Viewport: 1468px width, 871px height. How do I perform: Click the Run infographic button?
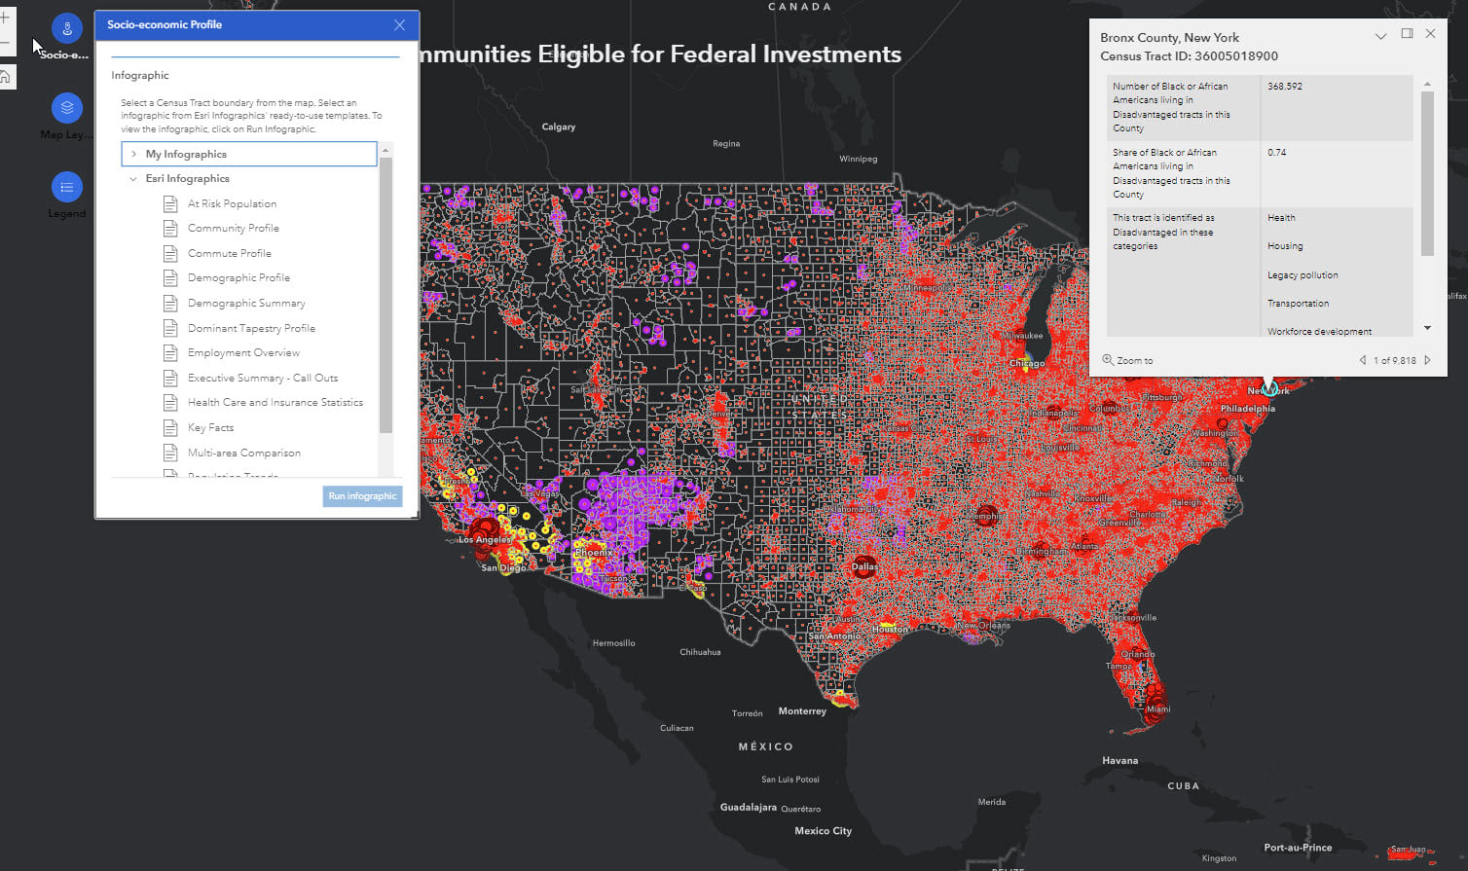pyautogui.click(x=362, y=496)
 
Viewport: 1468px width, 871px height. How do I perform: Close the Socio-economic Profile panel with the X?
pyautogui.click(x=399, y=25)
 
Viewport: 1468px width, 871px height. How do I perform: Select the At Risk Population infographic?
pyautogui.click(x=232, y=204)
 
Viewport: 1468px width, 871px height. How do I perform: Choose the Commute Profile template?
pyautogui.click(x=229, y=253)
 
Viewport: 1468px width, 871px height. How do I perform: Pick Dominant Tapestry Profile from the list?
pyautogui.click(x=251, y=328)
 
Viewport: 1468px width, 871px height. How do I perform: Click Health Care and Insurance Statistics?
pyautogui.click(x=275, y=402)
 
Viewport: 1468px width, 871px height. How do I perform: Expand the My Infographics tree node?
pyautogui.click(x=134, y=154)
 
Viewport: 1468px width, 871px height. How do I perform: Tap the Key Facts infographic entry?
pyautogui.click(x=210, y=427)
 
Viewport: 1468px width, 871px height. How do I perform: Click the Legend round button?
pyautogui.click(x=66, y=187)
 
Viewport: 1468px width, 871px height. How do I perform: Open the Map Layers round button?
pyautogui.click(x=66, y=107)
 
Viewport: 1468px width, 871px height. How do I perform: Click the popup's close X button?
pyautogui.click(x=1430, y=34)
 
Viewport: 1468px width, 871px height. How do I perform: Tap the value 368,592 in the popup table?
pyautogui.click(x=1285, y=87)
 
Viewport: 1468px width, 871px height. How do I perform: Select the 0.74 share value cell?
pyautogui.click(x=1277, y=153)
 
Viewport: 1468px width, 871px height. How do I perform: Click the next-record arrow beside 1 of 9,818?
pyautogui.click(x=1428, y=360)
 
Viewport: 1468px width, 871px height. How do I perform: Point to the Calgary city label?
pyautogui.click(x=558, y=127)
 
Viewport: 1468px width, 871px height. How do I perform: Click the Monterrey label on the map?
pyautogui.click(x=802, y=711)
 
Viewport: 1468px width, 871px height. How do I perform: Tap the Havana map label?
pyautogui.click(x=1119, y=760)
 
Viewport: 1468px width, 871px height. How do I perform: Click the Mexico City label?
pyautogui.click(x=823, y=830)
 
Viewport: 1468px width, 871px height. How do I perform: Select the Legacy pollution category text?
pyautogui.click(x=1303, y=275)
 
